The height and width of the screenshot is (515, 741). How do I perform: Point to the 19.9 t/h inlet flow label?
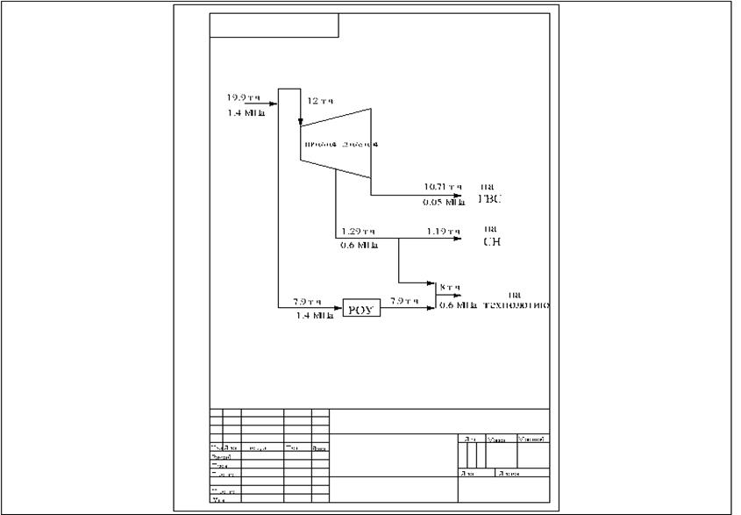241,97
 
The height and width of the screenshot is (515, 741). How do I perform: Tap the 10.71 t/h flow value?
442,186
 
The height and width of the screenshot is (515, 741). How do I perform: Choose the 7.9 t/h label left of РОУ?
310,300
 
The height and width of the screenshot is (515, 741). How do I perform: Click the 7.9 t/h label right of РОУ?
404,300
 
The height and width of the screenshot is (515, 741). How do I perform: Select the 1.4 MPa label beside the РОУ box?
314,314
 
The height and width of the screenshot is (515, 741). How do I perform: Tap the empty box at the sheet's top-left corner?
274,25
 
